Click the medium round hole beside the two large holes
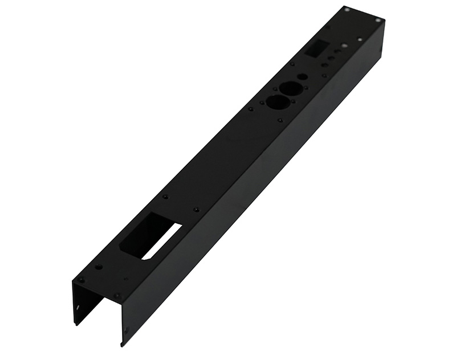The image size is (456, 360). pyautogui.click(x=303, y=76)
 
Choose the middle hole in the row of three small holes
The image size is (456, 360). pyautogui.click(x=330, y=58)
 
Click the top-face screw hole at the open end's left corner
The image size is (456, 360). pyautogui.click(x=81, y=280)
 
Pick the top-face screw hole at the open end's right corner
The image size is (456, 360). pyautogui.click(x=117, y=296)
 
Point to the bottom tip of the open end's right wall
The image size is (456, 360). pyautogui.click(x=121, y=345)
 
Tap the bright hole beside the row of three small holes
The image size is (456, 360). pyautogui.click(x=344, y=46)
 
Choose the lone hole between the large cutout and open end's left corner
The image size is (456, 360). pyautogui.click(x=99, y=267)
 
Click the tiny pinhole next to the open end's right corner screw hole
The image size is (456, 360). pyautogui.click(x=126, y=279)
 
